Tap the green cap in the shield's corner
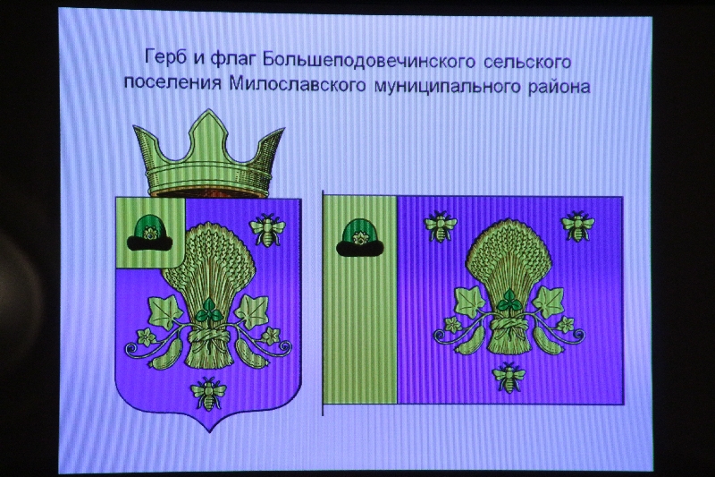(150, 234)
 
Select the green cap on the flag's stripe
(360, 237)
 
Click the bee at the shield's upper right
(267, 230)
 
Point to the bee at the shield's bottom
(209, 394)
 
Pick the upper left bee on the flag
(441, 226)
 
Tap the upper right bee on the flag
(577, 226)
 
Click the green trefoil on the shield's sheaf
(209, 311)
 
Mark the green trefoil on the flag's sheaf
(509, 301)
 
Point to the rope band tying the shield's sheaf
(209, 339)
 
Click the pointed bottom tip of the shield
(209, 432)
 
